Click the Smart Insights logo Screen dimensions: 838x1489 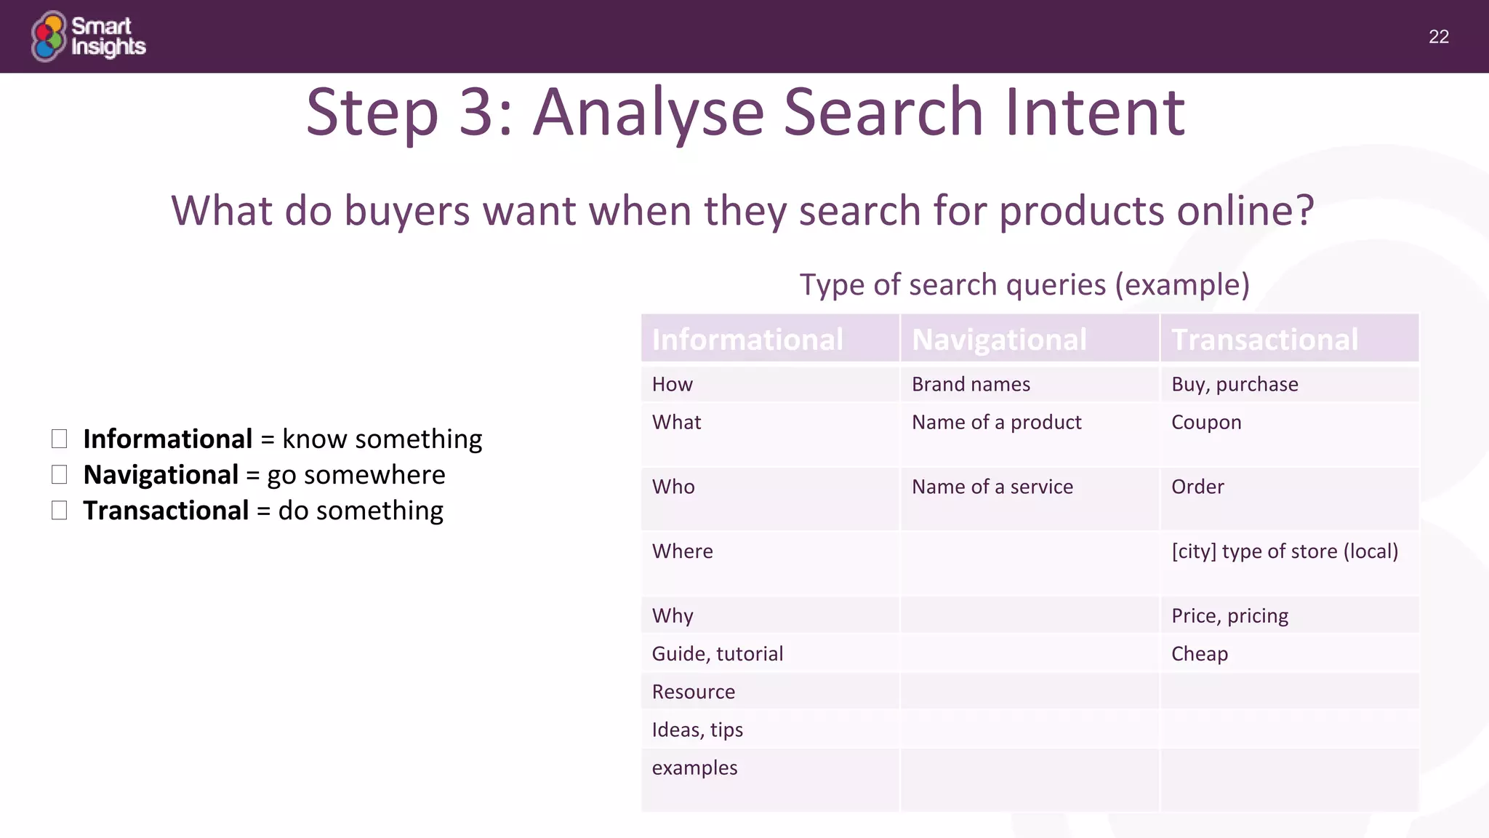88,36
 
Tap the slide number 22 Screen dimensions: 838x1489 1438,37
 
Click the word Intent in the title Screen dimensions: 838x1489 1095,113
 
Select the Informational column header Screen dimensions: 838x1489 747,340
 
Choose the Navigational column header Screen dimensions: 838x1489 999,340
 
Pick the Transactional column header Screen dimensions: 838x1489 1264,340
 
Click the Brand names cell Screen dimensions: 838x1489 971,384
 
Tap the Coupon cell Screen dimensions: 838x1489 1206,423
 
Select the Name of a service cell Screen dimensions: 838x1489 992,487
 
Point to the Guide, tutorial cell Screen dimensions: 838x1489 717,654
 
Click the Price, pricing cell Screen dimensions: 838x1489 1229,616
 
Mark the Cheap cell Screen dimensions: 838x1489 1200,654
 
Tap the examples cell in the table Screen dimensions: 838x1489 694,768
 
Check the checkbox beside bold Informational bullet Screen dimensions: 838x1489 60,439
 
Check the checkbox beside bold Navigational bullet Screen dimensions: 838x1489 60,475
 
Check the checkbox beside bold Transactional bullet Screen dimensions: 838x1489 60,511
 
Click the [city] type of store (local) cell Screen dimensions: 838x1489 1285,551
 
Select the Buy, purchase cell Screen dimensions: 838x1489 1235,384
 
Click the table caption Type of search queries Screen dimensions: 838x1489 1024,284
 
